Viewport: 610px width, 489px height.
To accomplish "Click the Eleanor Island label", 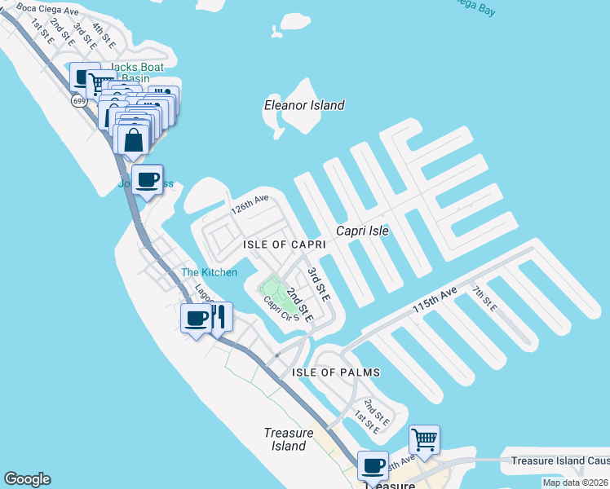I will tap(304, 105).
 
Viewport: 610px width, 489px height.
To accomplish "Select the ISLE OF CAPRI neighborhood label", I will tap(285, 244).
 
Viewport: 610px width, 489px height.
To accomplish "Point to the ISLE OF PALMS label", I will tap(336, 372).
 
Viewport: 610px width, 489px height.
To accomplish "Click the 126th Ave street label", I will tap(249, 204).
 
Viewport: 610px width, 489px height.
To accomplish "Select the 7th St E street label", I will tap(484, 296).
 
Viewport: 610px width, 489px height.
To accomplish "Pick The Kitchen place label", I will tap(209, 272).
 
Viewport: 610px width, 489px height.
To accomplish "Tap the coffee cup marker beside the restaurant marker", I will tap(196, 317).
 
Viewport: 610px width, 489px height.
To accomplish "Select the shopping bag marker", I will tap(134, 138).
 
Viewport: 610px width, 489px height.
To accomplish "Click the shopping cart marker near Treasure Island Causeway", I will tap(424, 439).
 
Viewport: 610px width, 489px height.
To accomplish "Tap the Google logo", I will tap(27, 479).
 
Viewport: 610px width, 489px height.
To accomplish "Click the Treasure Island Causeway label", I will tap(559, 460).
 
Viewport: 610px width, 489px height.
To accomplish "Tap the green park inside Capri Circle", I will tap(270, 288).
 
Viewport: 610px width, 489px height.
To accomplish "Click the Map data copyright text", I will tap(576, 482).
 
